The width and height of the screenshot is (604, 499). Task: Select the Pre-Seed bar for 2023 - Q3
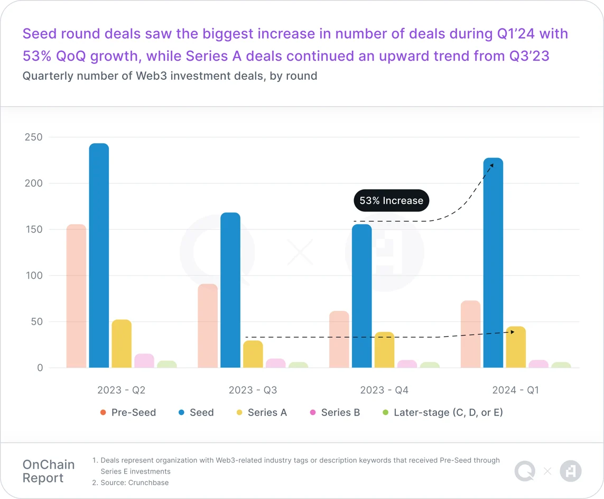click(208, 326)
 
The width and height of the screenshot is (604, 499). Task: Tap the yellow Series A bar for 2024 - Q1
click(516, 347)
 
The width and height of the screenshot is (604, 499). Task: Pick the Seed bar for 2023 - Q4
click(361, 296)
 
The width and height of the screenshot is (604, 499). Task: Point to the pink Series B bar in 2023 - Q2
click(144, 361)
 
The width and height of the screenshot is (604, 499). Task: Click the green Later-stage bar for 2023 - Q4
click(430, 365)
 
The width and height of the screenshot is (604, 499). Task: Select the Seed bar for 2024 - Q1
click(493, 264)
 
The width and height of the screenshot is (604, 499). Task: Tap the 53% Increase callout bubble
click(391, 201)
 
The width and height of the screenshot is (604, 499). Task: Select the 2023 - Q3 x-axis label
click(253, 390)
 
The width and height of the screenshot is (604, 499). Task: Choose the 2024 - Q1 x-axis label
click(515, 390)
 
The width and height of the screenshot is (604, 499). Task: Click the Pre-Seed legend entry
click(127, 412)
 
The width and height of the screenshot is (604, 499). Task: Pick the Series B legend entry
click(334, 412)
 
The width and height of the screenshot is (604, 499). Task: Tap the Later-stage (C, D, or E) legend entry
click(442, 412)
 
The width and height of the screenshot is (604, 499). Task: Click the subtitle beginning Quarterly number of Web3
click(170, 76)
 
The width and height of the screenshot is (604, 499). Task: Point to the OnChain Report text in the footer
click(49, 472)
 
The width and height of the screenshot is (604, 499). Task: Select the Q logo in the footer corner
click(525, 471)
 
